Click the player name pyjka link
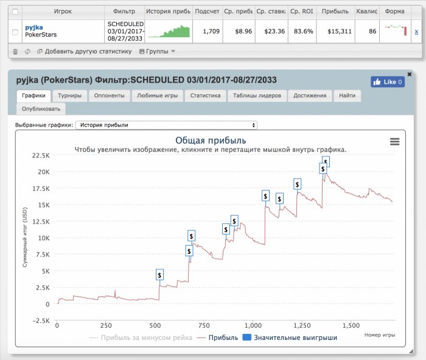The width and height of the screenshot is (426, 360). tap(33, 27)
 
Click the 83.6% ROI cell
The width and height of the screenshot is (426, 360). tap(302, 31)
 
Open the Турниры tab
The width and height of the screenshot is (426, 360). tap(70, 95)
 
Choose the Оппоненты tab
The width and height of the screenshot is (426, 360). tap(110, 95)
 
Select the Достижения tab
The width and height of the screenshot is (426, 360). tap(310, 95)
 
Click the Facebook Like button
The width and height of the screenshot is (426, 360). tap(388, 81)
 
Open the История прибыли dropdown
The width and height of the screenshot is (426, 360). tap(166, 125)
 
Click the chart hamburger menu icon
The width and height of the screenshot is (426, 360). tap(394, 142)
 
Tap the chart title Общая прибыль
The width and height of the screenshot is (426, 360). tap(211, 140)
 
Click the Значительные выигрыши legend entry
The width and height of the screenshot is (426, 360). tap(290, 337)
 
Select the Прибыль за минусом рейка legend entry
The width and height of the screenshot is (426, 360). tap(141, 337)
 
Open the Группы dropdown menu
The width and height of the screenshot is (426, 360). tap(157, 51)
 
